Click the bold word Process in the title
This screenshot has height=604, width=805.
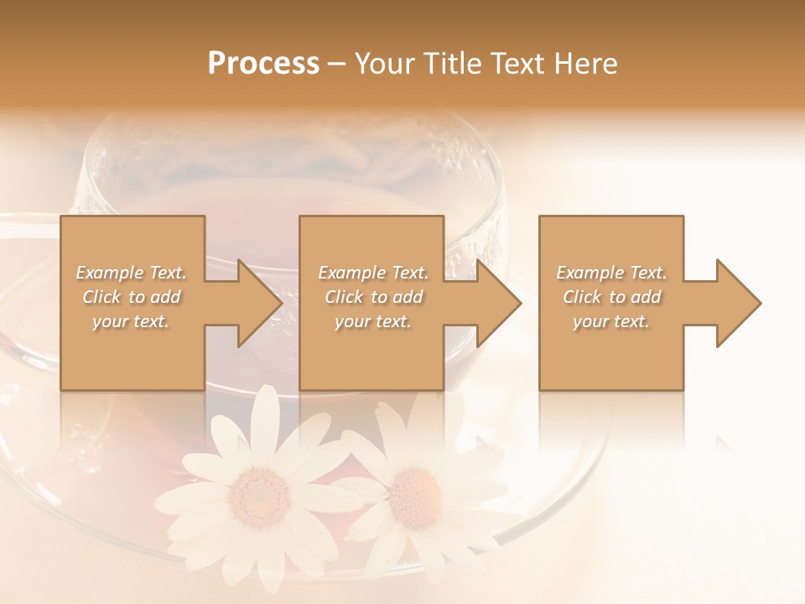point(263,64)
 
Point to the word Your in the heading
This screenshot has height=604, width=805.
point(383,64)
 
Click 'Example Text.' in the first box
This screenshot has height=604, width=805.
point(131,273)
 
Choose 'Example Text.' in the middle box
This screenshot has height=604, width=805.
point(372,273)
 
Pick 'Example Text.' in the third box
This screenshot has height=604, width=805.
point(611,273)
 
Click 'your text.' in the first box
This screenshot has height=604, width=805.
point(131,321)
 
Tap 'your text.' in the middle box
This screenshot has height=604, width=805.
point(372,321)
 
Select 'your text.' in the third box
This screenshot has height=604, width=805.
point(611,321)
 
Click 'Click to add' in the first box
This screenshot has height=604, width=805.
point(131,297)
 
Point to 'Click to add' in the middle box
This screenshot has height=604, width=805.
point(372,297)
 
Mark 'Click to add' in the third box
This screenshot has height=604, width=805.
point(611,297)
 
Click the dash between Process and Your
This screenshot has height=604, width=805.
point(337,65)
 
